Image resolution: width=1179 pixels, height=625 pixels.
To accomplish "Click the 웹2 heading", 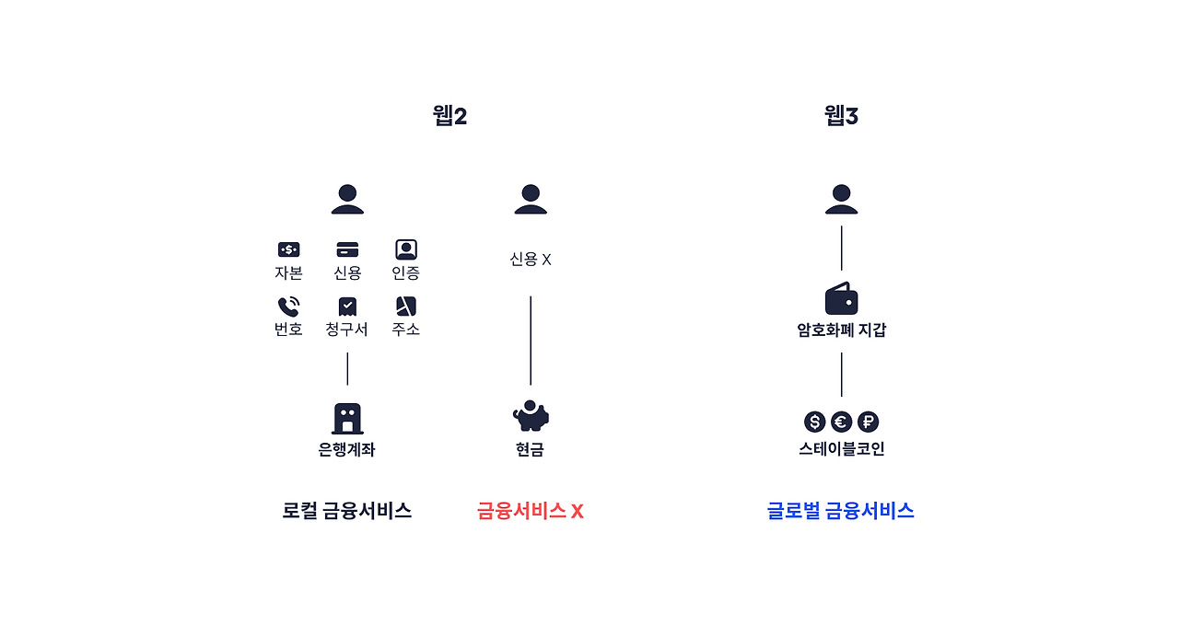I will point(449,116).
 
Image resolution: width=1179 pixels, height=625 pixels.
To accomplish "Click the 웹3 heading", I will point(841,116).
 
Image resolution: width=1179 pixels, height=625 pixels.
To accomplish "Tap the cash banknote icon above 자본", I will point(288,249).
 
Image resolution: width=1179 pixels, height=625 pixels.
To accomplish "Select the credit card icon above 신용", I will point(347,249).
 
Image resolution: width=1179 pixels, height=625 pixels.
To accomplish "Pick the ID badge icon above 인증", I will point(406,249).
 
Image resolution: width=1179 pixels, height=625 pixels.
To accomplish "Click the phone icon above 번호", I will point(288,307).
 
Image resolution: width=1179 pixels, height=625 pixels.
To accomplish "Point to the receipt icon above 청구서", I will point(347,307).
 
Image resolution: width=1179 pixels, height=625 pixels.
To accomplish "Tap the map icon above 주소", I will point(406,307).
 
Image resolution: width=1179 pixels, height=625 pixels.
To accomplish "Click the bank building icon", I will point(347,419).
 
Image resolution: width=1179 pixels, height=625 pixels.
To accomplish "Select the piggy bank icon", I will point(531,416).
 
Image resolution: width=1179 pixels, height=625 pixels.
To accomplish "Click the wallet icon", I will point(841,299).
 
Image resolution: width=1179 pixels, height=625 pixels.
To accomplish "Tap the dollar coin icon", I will point(814,422).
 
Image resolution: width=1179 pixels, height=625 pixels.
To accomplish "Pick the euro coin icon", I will point(841,422).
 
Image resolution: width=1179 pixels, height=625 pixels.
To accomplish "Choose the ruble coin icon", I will point(868,422).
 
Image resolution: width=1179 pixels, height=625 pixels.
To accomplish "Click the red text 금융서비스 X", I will point(531,511).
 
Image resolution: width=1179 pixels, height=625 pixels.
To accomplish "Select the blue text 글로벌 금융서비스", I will point(840,511).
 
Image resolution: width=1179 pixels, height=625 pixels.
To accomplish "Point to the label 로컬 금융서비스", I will point(347,511).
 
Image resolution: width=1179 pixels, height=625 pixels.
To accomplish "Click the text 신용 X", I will point(531,260).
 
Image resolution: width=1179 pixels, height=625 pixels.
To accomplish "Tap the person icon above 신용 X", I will point(531,199).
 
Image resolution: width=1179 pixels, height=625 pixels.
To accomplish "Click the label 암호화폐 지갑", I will point(841,330).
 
